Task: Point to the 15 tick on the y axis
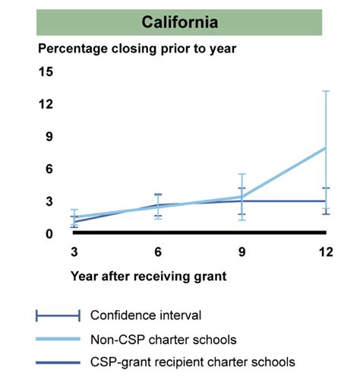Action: (46, 72)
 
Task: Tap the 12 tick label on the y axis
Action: (46, 104)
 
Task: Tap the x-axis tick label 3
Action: (74, 252)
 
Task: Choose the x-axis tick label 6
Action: (158, 252)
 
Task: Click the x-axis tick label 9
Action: (242, 252)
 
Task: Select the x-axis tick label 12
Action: (326, 252)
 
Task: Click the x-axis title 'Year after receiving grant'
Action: (149, 276)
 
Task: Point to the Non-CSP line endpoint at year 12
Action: (326, 147)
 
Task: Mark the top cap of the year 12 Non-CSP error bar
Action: (326, 91)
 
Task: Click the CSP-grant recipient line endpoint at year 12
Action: (326, 201)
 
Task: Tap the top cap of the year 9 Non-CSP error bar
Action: (242, 174)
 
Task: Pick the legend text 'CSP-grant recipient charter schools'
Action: (192, 362)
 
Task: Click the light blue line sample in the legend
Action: (58, 339)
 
